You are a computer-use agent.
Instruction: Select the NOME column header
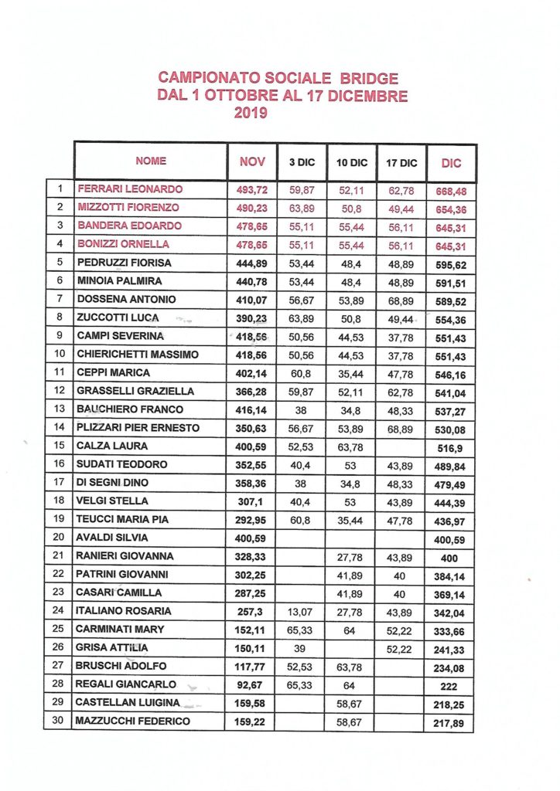pyautogui.click(x=151, y=161)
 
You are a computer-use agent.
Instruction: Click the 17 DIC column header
pyautogui.click(x=401, y=163)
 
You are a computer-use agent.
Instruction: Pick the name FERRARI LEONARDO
pyautogui.click(x=130, y=188)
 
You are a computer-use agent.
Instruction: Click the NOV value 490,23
pyautogui.click(x=251, y=207)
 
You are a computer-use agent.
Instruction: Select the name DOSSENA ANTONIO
pyautogui.click(x=127, y=299)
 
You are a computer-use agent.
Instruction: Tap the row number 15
pyautogui.click(x=60, y=446)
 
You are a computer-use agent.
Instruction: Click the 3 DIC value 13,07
pyautogui.click(x=302, y=611)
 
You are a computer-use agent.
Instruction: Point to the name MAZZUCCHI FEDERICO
pyautogui.click(x=133, y=721)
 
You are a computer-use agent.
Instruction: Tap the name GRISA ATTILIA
pyautogui.click(x=114, y=647)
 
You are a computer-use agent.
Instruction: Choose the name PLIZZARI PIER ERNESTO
pyautogui.click(x=138, y=427)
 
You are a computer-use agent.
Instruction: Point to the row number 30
pyautogui.click(x=60, y=721)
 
